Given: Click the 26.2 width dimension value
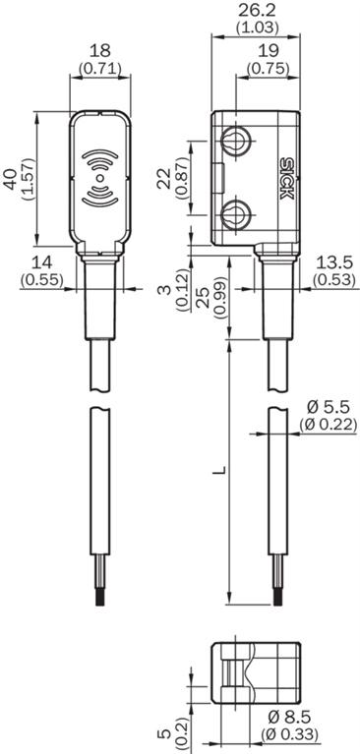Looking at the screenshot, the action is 257,11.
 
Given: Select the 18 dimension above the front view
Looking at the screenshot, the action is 100,50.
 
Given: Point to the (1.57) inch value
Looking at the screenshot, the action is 28,179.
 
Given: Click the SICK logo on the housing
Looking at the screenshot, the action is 286,178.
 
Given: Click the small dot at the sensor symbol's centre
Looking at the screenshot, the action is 99,179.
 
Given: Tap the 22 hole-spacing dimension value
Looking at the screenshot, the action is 165,178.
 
